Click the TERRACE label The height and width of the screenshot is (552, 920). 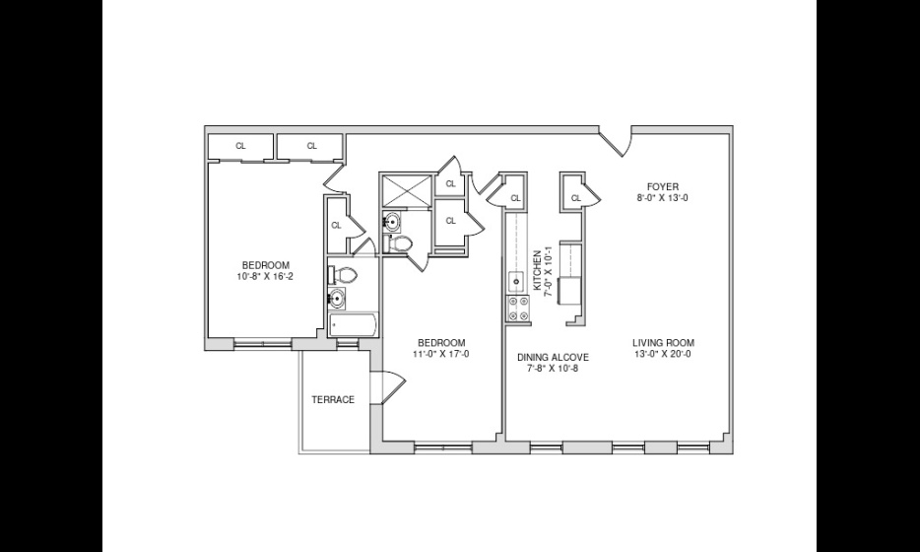tap(333, 400)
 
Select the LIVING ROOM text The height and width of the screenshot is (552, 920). tap(663, 343)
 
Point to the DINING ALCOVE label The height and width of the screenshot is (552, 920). tap(553, 357)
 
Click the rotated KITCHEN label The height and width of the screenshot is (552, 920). tap(536, 270)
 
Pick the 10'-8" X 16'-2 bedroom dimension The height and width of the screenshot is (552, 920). tap(265, 275)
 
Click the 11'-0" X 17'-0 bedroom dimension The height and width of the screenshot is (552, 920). tap(441, 354)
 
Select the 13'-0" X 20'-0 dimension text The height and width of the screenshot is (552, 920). tap(663, 354)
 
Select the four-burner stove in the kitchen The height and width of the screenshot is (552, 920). tap(517, 309)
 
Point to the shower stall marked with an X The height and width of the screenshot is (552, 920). tap(408, 190)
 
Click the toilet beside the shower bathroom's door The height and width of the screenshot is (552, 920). tap(399, 243)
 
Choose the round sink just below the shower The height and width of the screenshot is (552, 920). tap(392, 222)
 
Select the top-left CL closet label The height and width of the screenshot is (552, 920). tap(240, 146)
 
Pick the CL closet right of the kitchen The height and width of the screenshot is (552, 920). tap(575, 198)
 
